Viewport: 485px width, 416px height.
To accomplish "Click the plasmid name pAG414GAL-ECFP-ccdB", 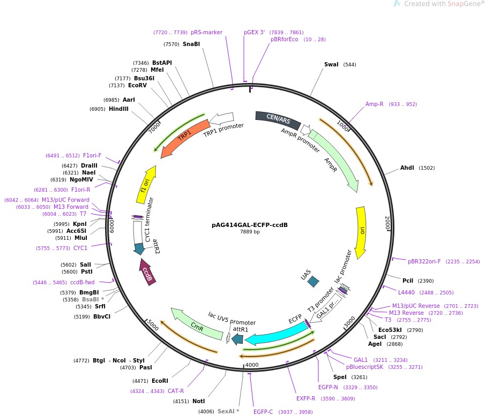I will coord(250,224).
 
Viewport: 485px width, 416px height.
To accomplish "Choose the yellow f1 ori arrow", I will coord(146,185).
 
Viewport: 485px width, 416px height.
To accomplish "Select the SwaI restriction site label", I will coord(331,65).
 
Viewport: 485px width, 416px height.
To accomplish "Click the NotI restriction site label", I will coord(198,401).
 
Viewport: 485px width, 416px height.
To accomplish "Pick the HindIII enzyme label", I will coord(118,109).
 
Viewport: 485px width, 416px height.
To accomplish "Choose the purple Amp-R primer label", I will coord(374,104).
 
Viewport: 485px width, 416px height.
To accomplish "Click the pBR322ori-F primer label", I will coord(424,262).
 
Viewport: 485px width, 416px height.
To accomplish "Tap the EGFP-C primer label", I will coord(263,412).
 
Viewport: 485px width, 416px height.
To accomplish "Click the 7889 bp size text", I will coord(250,232).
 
